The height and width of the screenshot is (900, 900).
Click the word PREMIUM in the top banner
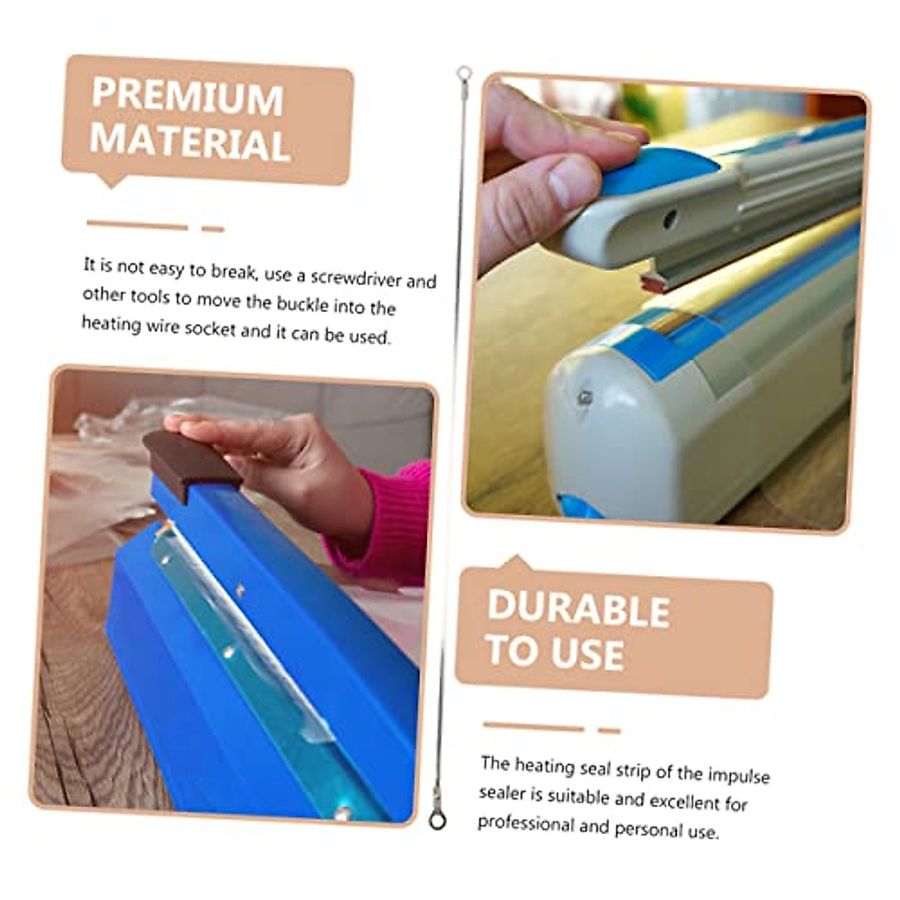[187, 97]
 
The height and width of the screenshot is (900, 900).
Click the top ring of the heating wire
[464, 73]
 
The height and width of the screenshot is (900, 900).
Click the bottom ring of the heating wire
[437, 820]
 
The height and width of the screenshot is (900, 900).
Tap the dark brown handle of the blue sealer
[191, 463]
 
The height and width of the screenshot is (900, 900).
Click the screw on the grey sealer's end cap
[583, 397]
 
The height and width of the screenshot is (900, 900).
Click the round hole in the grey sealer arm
[670, 219]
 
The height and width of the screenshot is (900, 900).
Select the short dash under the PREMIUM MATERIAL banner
[213, 229]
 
